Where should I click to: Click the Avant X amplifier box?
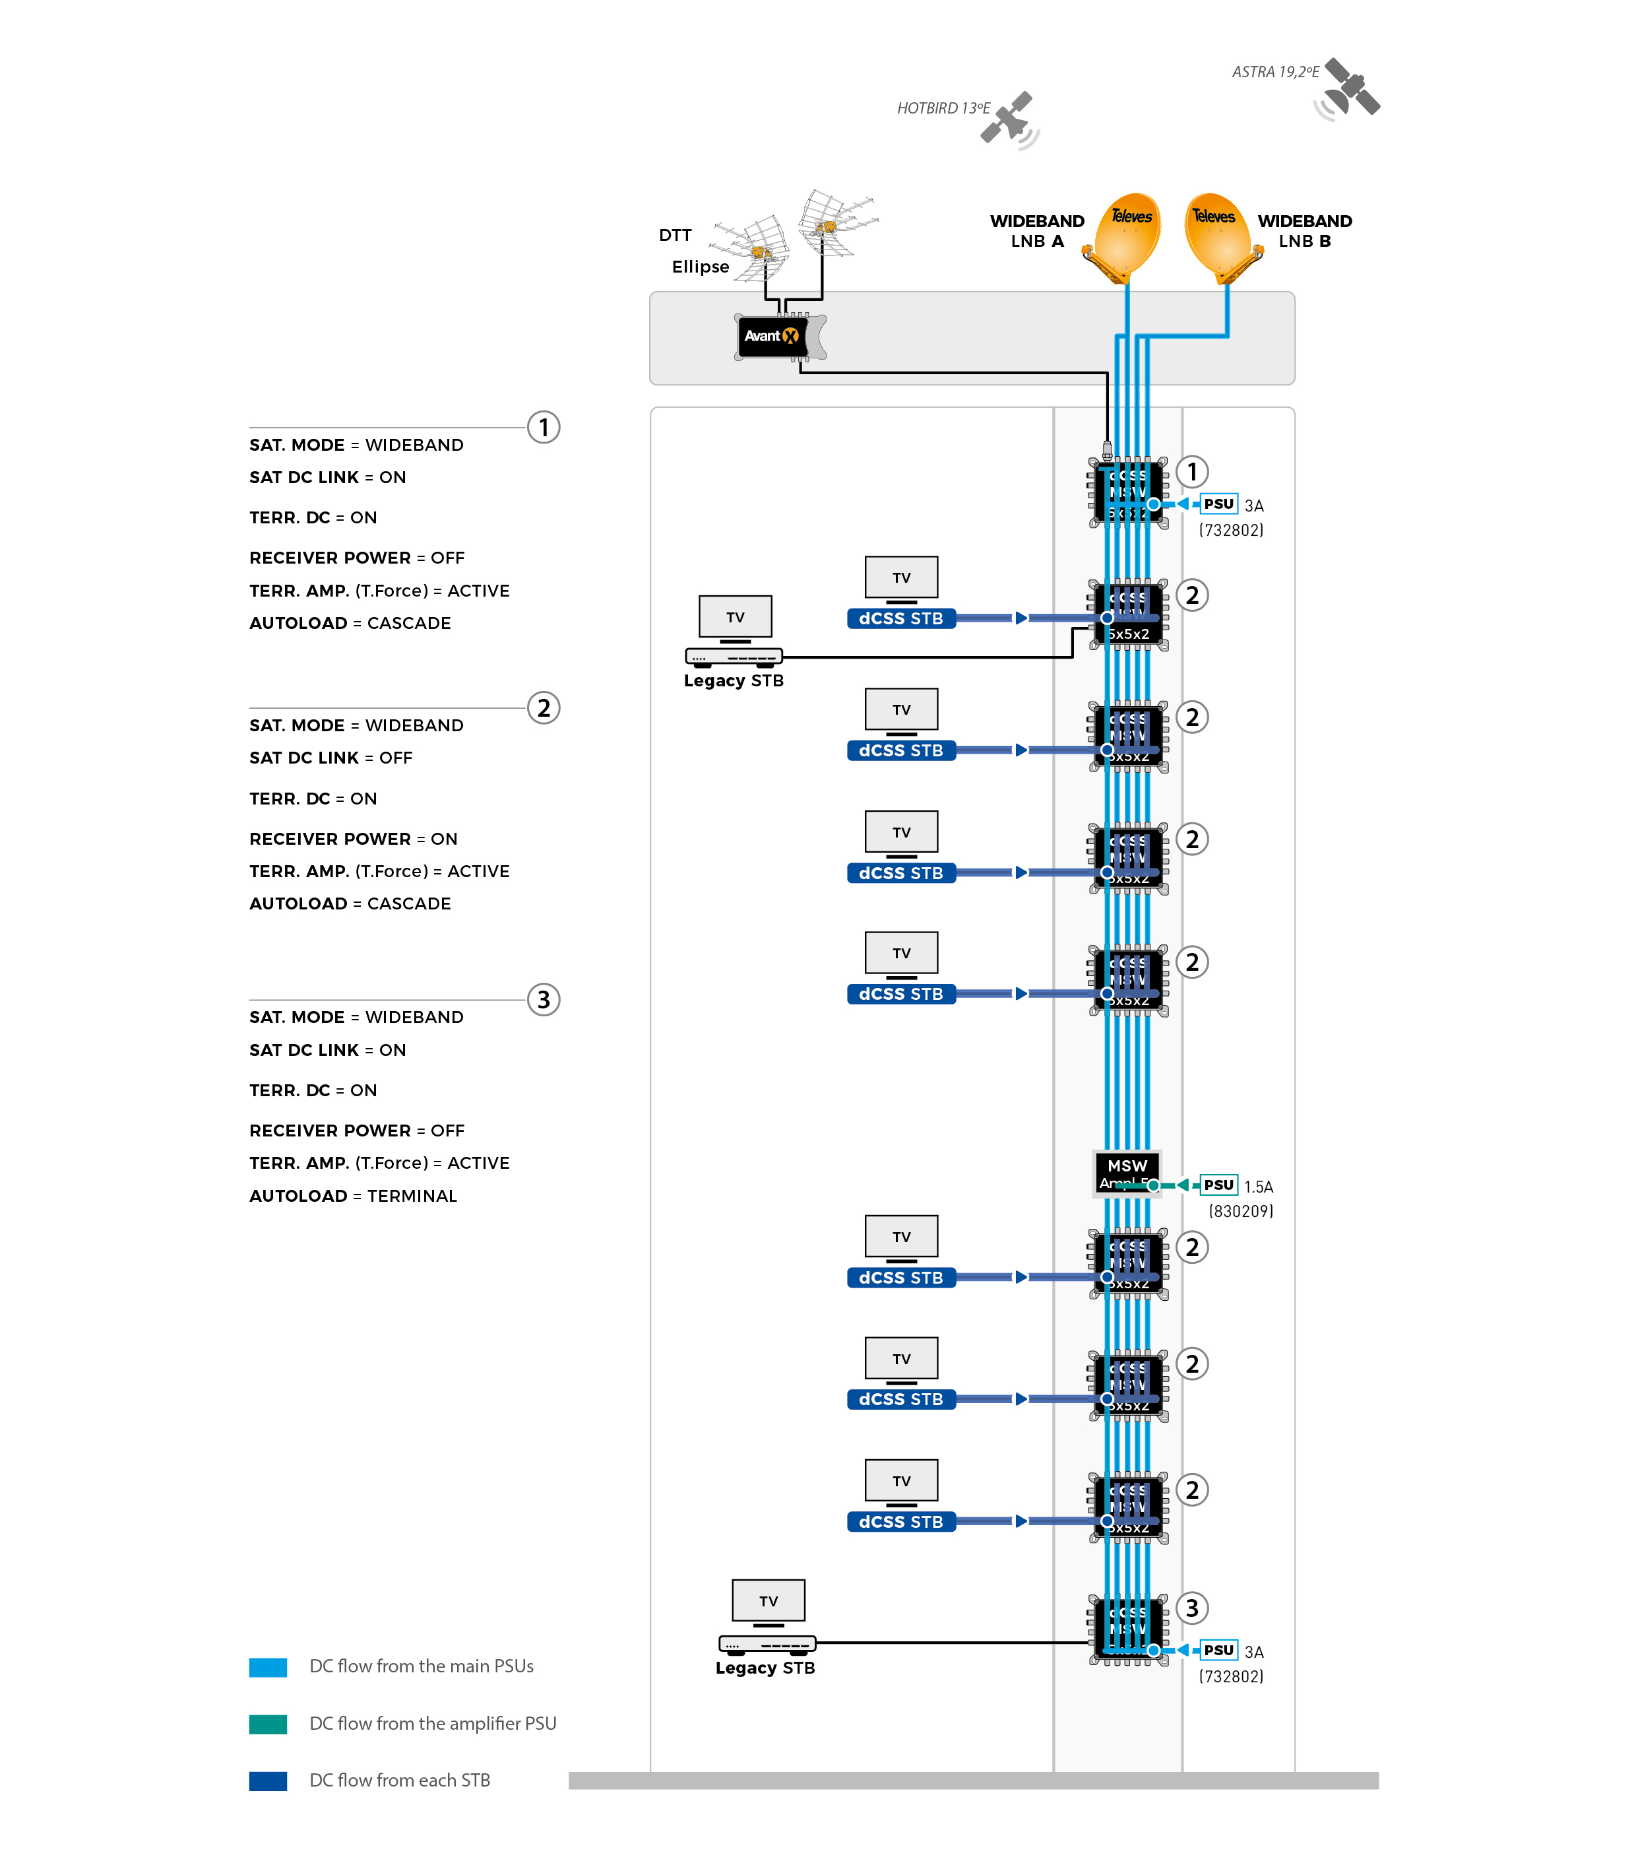click(x=772, y=336)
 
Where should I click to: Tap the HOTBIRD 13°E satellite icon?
click(x=1010, y=119)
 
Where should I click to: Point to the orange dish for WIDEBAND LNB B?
click(x=1220, y=234)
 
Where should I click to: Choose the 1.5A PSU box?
click(x=1219, y=1185)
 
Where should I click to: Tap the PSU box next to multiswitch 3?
click(x=1219, y=1650)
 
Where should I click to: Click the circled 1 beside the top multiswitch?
click(x=1191, y=472)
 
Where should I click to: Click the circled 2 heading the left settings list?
click(x=543, y=707)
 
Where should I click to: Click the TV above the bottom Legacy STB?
click(x=769, y=1600)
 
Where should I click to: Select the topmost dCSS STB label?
click(x=901, y=618)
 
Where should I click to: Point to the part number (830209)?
click(x=1241, y=1211)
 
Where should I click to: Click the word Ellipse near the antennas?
click(x=700, y=267)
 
